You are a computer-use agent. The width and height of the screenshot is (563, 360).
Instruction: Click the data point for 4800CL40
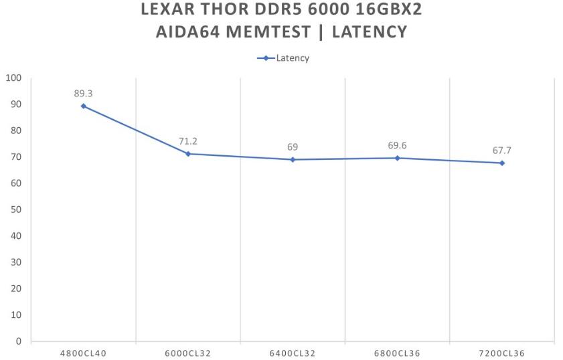84,106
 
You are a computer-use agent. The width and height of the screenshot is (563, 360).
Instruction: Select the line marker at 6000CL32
188,154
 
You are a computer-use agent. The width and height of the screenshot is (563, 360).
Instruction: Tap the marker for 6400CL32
293,159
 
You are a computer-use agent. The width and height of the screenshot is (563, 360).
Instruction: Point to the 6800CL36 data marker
397,158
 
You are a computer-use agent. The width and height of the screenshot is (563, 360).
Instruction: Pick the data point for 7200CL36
501,163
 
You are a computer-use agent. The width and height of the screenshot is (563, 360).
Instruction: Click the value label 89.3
84,94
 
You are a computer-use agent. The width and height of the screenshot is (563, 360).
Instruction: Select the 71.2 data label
188,141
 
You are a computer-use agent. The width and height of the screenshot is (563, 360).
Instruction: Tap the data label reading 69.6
397,145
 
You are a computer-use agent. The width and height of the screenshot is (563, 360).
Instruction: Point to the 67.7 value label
501,151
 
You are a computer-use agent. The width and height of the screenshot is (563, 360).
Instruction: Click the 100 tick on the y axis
13,78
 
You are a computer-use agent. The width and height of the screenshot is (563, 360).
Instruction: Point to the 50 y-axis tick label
16,209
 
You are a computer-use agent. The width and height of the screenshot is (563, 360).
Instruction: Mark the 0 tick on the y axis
19,341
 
